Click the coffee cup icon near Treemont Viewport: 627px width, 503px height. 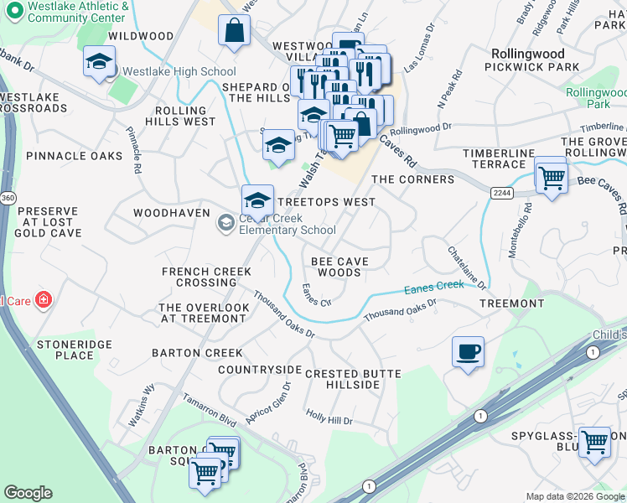[468, 350]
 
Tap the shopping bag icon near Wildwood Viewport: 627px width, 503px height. [235, 30]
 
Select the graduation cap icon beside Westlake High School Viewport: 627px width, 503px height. [99, 63]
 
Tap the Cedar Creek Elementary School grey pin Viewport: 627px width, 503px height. [225, 223]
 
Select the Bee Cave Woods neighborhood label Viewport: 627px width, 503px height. [340, 267]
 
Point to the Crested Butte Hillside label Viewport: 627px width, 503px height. [353, 378]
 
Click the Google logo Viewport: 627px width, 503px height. [28, 493]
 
